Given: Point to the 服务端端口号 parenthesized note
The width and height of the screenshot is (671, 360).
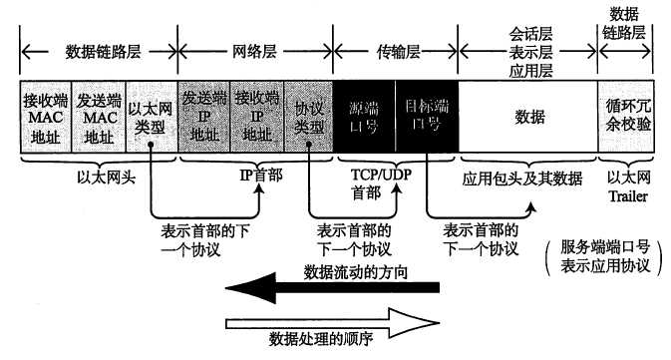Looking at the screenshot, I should pos(603,256).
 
